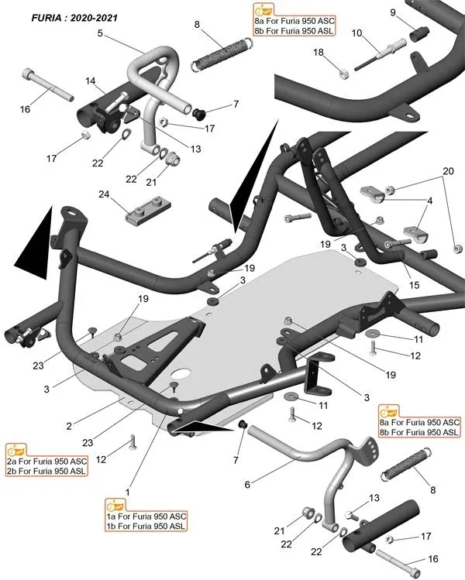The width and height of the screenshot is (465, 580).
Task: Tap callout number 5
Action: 101,33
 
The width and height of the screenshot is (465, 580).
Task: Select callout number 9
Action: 393,12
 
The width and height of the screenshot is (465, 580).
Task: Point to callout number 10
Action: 356,33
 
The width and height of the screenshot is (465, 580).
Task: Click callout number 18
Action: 318,52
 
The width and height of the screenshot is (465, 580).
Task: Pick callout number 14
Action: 91,81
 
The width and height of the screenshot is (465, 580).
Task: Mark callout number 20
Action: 448,170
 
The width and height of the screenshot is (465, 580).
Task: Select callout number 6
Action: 247,485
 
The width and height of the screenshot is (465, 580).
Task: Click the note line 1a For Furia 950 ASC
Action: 146,516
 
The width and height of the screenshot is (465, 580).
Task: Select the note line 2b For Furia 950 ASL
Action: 46,471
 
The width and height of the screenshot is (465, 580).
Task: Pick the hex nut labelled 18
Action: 342,74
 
